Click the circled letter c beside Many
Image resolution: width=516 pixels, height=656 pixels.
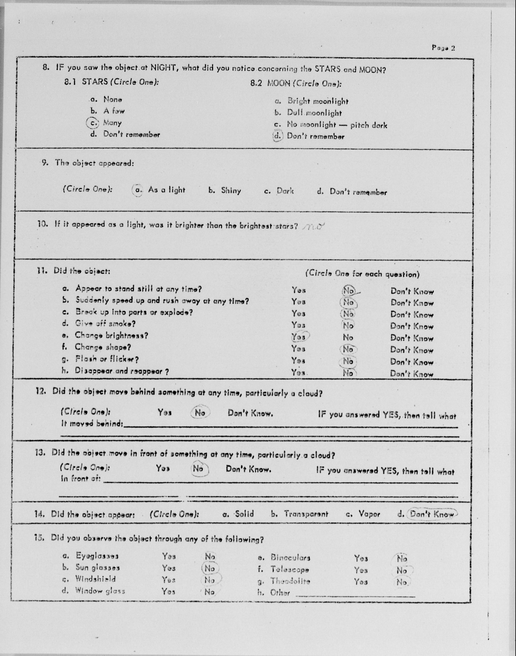pos(91,123)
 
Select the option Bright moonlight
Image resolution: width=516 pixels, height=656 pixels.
pos(318,101)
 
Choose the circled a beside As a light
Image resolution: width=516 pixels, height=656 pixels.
pos(138,190)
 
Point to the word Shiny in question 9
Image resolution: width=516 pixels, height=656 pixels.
pos(231,191)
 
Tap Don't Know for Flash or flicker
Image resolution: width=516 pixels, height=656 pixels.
pos(412,362)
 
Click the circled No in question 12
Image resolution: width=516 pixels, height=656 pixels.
pos(200,413)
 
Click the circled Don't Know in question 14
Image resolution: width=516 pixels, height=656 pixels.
pos(432,514)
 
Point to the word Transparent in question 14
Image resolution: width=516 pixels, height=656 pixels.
pos(306,514)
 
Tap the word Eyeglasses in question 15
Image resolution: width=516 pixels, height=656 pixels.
pos(97,556)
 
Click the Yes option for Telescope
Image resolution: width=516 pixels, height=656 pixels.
pos(361,570)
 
